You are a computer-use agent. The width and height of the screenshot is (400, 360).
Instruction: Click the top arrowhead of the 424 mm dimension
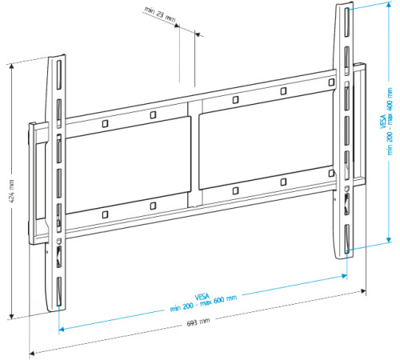click(x=10, y=64)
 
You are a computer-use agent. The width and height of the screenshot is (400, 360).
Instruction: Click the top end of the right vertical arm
click(x=342, y=6)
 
